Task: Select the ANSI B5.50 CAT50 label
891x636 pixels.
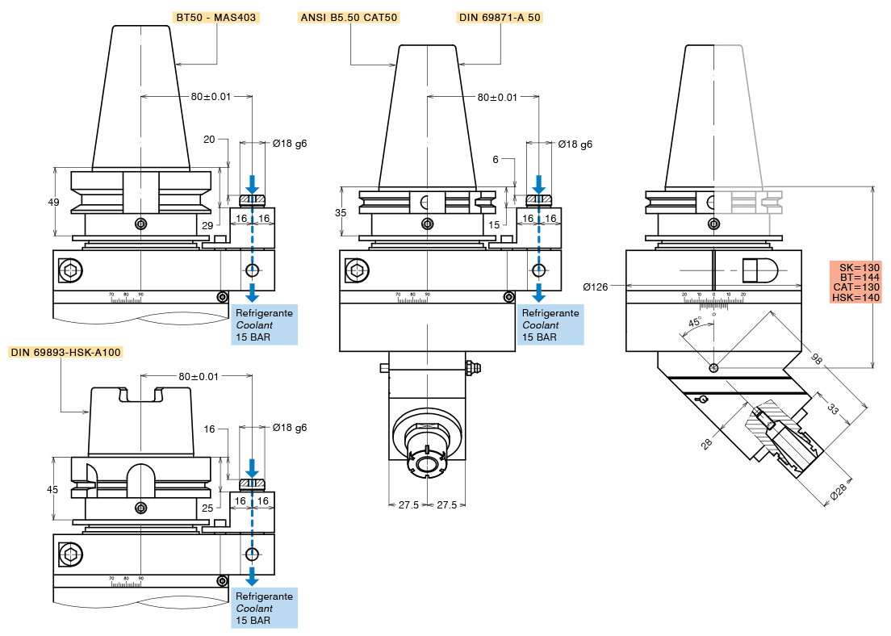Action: (349, 17)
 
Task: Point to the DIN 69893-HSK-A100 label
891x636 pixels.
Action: (65, 352)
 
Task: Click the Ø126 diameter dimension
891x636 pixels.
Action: (597, 286)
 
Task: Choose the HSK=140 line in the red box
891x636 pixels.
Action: (856, 298)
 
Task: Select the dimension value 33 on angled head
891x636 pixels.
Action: (833, 410)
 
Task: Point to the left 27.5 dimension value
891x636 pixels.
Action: (409, 504)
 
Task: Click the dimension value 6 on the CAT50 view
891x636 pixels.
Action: (496, 160)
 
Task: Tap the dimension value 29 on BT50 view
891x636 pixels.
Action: (207, 224)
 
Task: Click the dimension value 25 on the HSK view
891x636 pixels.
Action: (207, 508)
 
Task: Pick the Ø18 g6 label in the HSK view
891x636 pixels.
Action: (290, 428)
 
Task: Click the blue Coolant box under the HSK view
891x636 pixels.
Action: (266, 609)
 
